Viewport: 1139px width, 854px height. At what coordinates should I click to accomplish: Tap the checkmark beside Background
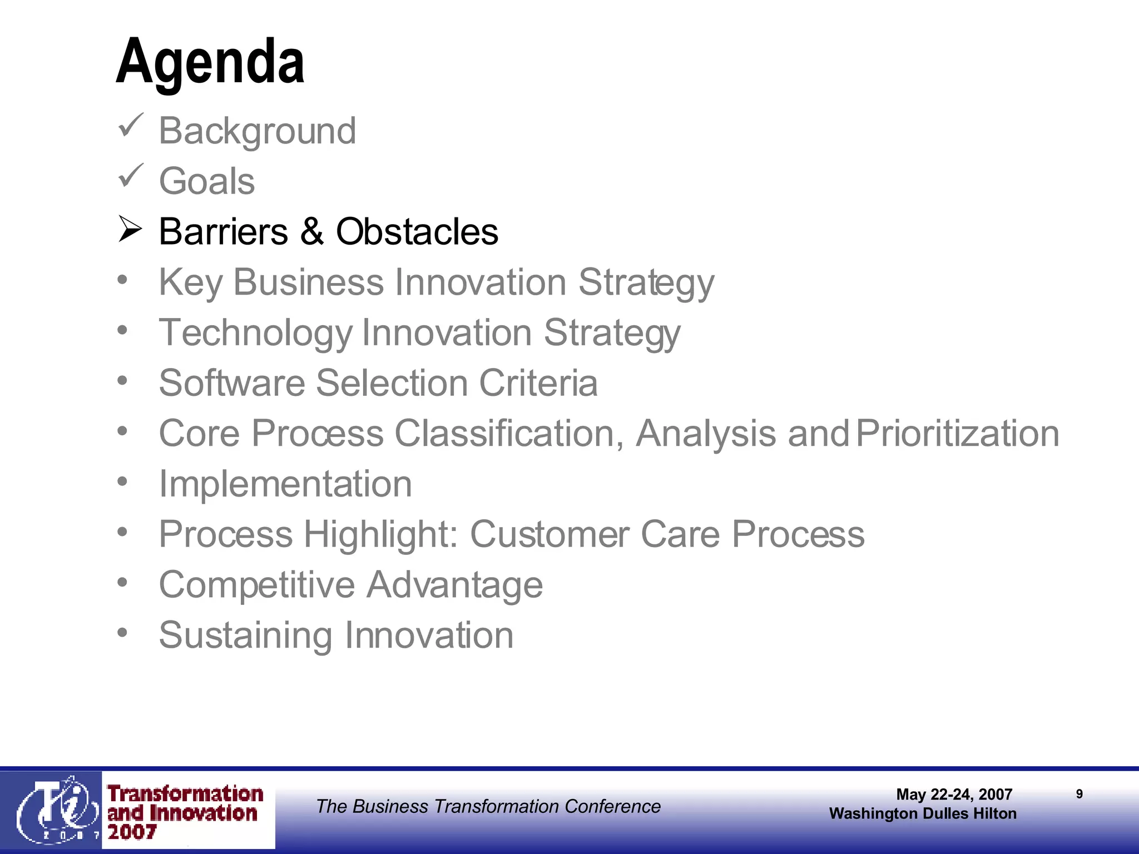click(x=131, y=126)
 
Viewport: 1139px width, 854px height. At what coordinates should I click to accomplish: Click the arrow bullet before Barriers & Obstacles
click(x=130, y=229)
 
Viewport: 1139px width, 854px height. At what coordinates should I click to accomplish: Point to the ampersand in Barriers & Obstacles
click(x=311, y=231)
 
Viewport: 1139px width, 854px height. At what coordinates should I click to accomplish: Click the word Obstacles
click(x=417, y=231)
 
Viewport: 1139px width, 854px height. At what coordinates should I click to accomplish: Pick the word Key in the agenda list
click(x=190, y=282)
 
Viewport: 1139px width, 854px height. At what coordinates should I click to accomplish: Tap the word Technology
click(x=255, y=333)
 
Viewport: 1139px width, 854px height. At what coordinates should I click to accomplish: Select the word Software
click(x=232, y=383)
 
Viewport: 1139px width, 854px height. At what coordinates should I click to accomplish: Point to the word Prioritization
click(x=957, y=434)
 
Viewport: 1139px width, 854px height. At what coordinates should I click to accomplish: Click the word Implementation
click(x=285, y=484)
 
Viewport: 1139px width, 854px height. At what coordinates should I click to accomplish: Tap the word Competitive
click(x=256, y=585)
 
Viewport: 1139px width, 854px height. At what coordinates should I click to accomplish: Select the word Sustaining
click(x=245, y=635)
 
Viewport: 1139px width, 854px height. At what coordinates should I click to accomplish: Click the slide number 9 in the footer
click(x=1079, y=794)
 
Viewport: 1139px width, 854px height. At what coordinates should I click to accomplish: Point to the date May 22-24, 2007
click(x=954, y=795)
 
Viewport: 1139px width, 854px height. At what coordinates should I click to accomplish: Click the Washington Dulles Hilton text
click(x=923, y=813)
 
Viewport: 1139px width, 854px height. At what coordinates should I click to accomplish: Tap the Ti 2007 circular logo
click(x=53, y=810)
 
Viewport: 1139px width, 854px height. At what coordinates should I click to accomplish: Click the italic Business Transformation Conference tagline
click(x=488, y=806)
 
